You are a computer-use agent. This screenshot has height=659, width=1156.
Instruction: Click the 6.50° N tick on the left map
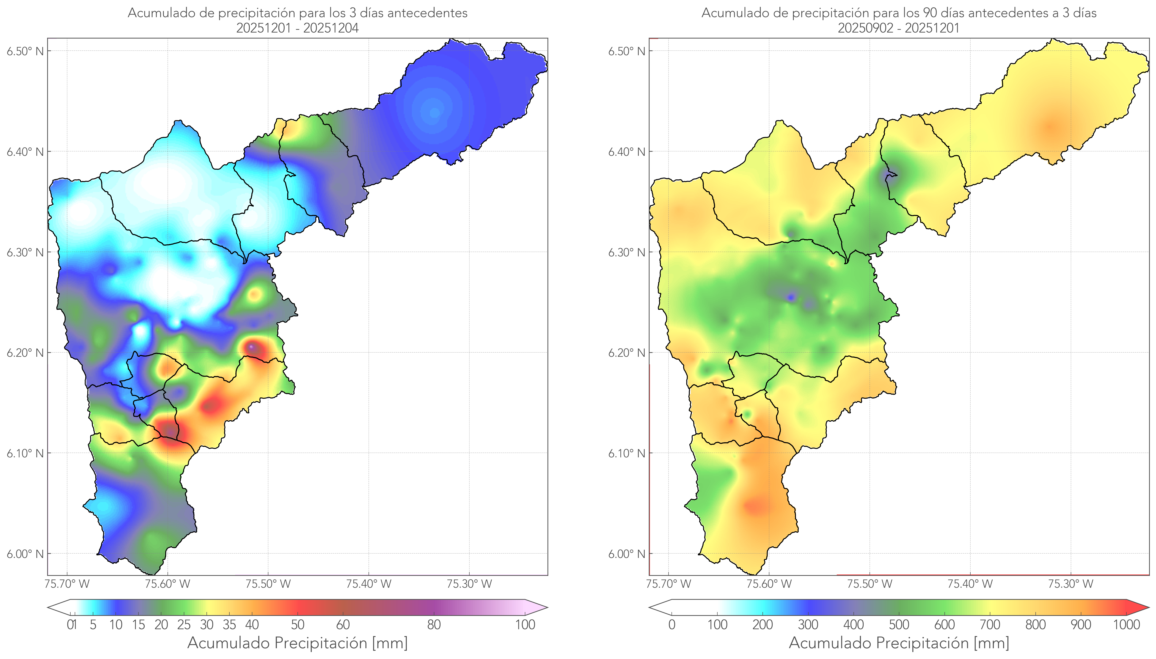tap(25, 51)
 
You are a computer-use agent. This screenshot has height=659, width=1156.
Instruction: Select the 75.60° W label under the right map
tap(769, 584)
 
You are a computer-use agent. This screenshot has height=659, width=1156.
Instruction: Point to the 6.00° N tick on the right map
tap(627, 554)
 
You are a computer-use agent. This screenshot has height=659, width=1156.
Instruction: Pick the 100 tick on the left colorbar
tap(525, 625)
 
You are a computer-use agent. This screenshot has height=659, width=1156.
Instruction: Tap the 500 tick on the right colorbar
tap(899, 625)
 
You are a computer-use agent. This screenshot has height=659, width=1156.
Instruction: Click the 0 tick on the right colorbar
tap(672, 625)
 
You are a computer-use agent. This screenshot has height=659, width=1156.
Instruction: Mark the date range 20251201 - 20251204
tap(297, 28)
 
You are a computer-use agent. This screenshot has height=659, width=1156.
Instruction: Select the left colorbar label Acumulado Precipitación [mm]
tap(297, 643)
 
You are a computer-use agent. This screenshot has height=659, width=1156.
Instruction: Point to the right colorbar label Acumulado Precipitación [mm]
tap(899, 643)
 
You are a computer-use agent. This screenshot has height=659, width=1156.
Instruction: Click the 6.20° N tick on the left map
tap(25, 353)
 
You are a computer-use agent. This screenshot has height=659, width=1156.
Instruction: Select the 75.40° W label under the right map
tap(970, 584)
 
